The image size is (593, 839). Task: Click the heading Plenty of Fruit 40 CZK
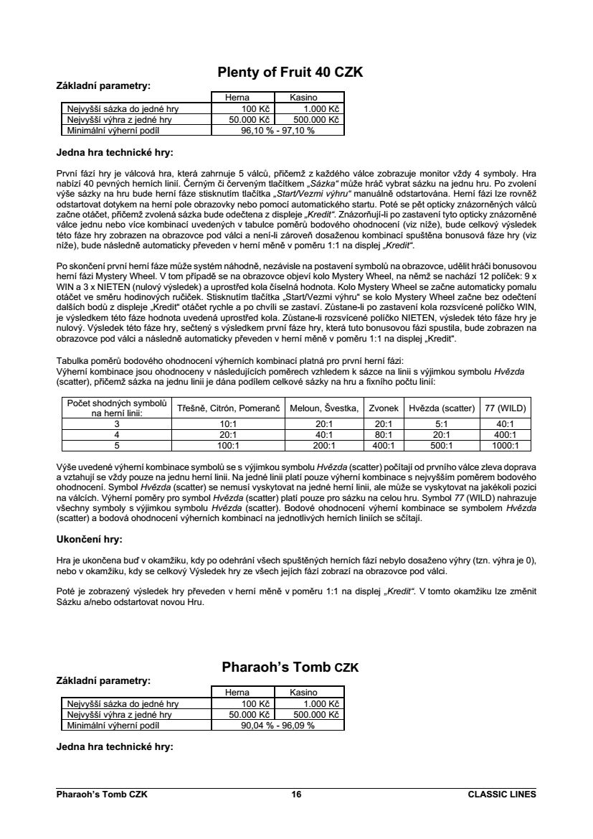click(x=290, y=72)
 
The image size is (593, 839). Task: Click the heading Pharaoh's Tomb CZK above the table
click(x=290, y=667)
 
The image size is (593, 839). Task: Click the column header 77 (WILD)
click(x=505, y=408)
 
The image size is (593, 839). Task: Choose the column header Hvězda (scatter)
click(x=442, y=408)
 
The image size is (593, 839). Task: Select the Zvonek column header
click(x=384, y=408)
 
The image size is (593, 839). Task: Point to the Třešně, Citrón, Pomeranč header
click(x=227, y=408)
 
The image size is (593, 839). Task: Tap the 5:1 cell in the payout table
click(x=442, y=424)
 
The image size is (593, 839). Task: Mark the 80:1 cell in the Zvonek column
click(x=384, y=434)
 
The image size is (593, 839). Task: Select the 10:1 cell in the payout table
click(x=227, y=424)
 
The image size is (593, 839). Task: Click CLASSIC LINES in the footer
click(x=501, y=795)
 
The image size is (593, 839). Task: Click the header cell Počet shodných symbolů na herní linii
click(x=116, y=408)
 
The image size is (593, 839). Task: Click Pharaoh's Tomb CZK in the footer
click(x=102, y=795)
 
